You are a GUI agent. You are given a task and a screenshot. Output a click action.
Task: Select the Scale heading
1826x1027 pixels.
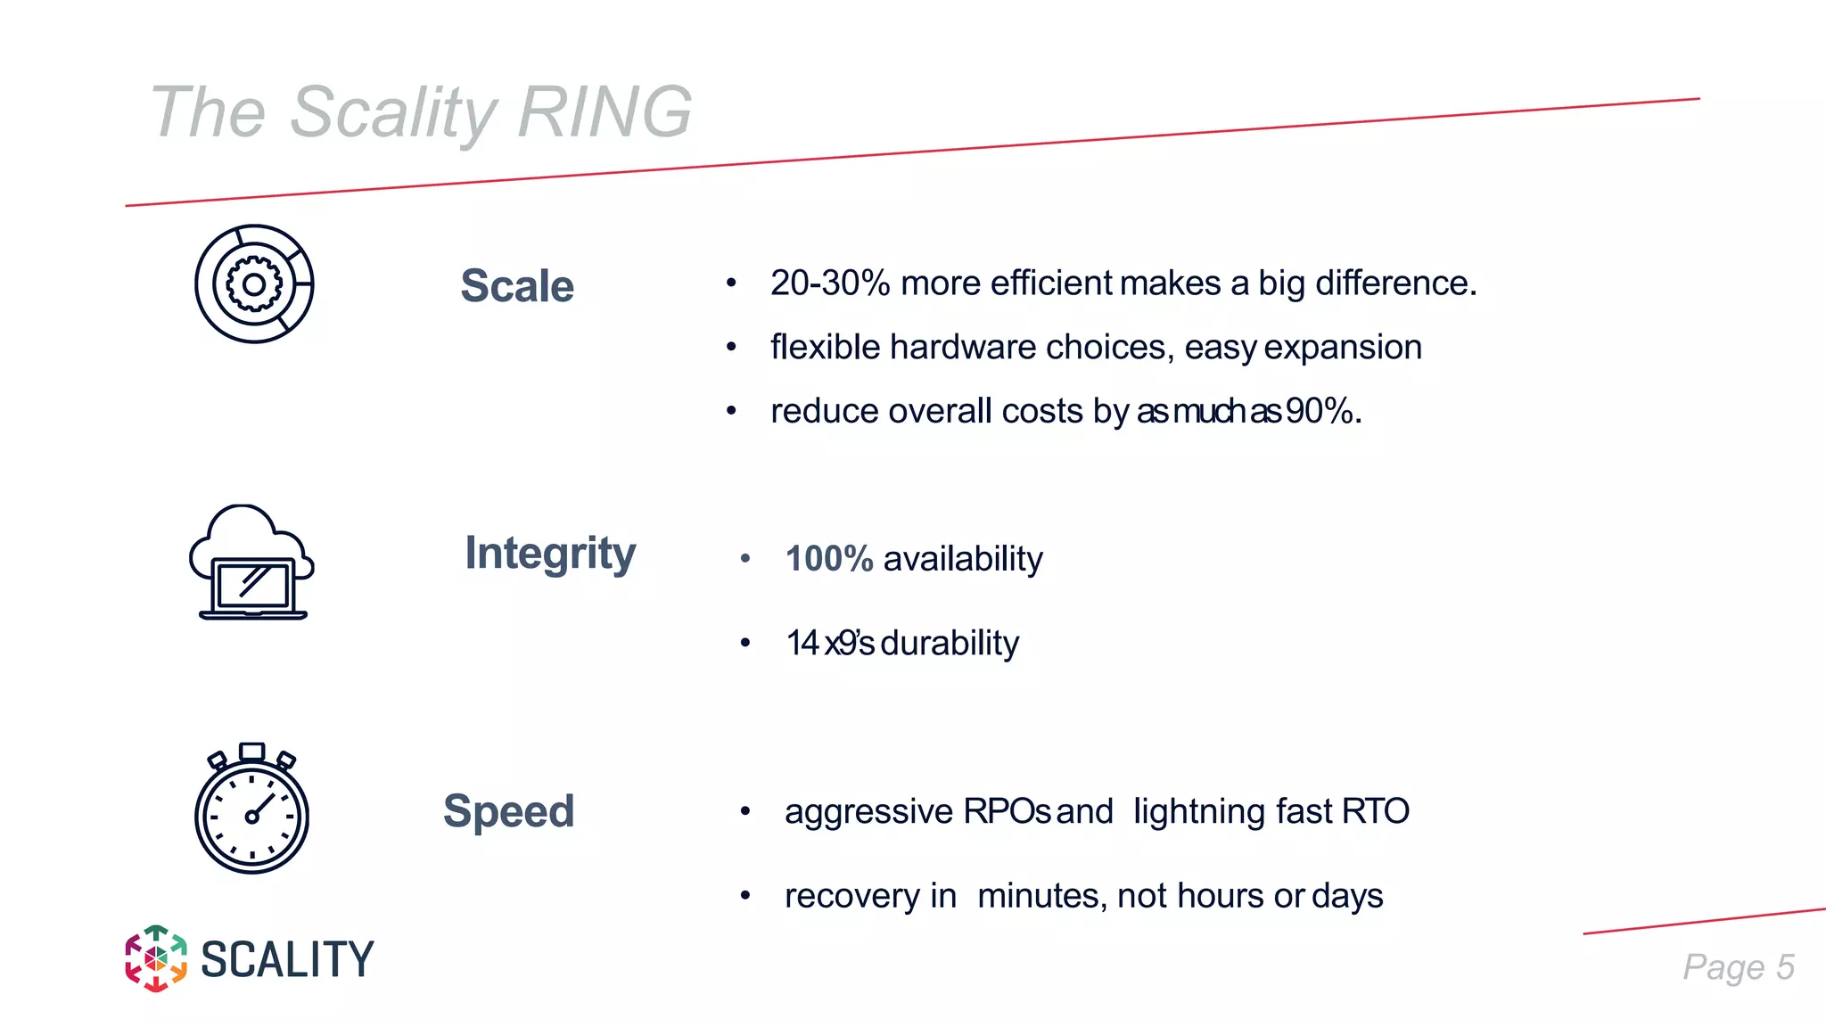tap(517, 286)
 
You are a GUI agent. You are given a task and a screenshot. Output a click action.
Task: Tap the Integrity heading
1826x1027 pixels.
tap(550, 554)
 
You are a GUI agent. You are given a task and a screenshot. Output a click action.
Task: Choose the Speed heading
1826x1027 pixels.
tap(508, 811)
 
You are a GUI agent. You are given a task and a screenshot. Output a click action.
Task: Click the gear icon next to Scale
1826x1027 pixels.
tap(254, 284)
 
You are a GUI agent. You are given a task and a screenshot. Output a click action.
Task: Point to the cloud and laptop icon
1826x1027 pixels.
tap(251, 563)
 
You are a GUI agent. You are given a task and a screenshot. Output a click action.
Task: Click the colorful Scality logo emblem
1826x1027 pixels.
tap(156, 958)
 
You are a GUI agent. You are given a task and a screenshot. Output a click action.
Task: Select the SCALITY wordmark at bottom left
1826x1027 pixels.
tap(287, 960)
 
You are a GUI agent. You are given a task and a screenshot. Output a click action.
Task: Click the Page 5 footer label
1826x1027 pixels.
tap(1738, 967)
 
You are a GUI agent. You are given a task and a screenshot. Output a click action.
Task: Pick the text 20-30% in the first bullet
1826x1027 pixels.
tap(830, 283)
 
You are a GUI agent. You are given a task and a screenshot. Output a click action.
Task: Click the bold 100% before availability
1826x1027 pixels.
tap(828, 560)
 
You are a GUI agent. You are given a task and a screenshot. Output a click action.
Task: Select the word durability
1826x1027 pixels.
tap(950, 644)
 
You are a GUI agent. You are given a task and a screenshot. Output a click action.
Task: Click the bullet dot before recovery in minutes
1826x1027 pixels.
tap(745, 895)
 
